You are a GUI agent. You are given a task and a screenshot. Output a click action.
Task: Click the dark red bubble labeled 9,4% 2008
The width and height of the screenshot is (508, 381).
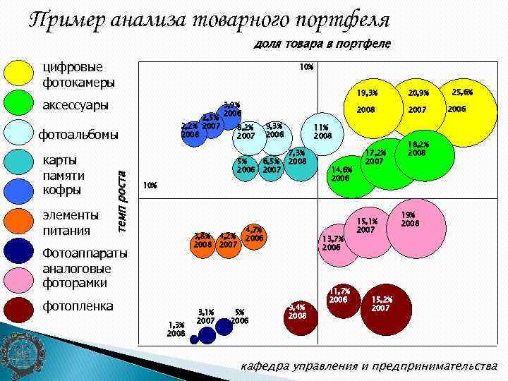tap(298, 312)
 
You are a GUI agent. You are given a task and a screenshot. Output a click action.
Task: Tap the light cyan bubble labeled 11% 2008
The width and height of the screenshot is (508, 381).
tap(321, 132)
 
